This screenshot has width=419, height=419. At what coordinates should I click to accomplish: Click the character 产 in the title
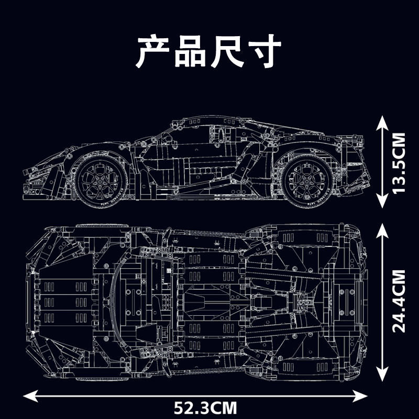point(153,51)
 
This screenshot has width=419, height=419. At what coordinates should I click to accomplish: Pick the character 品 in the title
point(191,51)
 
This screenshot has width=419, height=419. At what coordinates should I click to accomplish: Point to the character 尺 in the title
point(228,51)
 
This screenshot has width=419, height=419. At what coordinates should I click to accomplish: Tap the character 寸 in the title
point(264,51)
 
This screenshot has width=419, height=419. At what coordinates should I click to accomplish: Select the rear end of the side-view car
point(367,168)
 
